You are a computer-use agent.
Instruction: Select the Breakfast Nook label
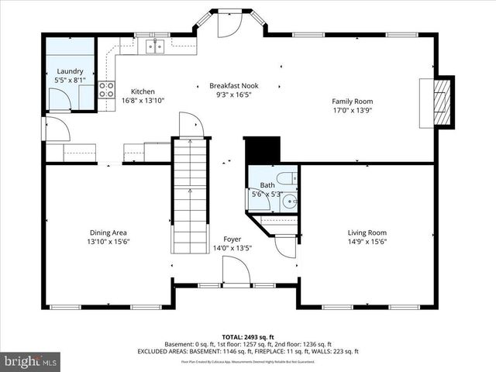[233, 85]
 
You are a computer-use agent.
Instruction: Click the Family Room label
[353, 101]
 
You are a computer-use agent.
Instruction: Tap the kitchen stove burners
[107, 89]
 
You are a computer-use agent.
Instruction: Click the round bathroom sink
[288, 202]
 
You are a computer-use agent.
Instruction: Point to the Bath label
[267, 185]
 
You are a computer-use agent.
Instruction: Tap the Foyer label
[232, 239]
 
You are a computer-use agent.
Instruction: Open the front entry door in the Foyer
[235, 273]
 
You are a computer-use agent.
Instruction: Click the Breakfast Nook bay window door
[229, 25]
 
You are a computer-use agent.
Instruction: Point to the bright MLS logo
[31, 360]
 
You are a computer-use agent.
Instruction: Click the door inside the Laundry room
[59, 98]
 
